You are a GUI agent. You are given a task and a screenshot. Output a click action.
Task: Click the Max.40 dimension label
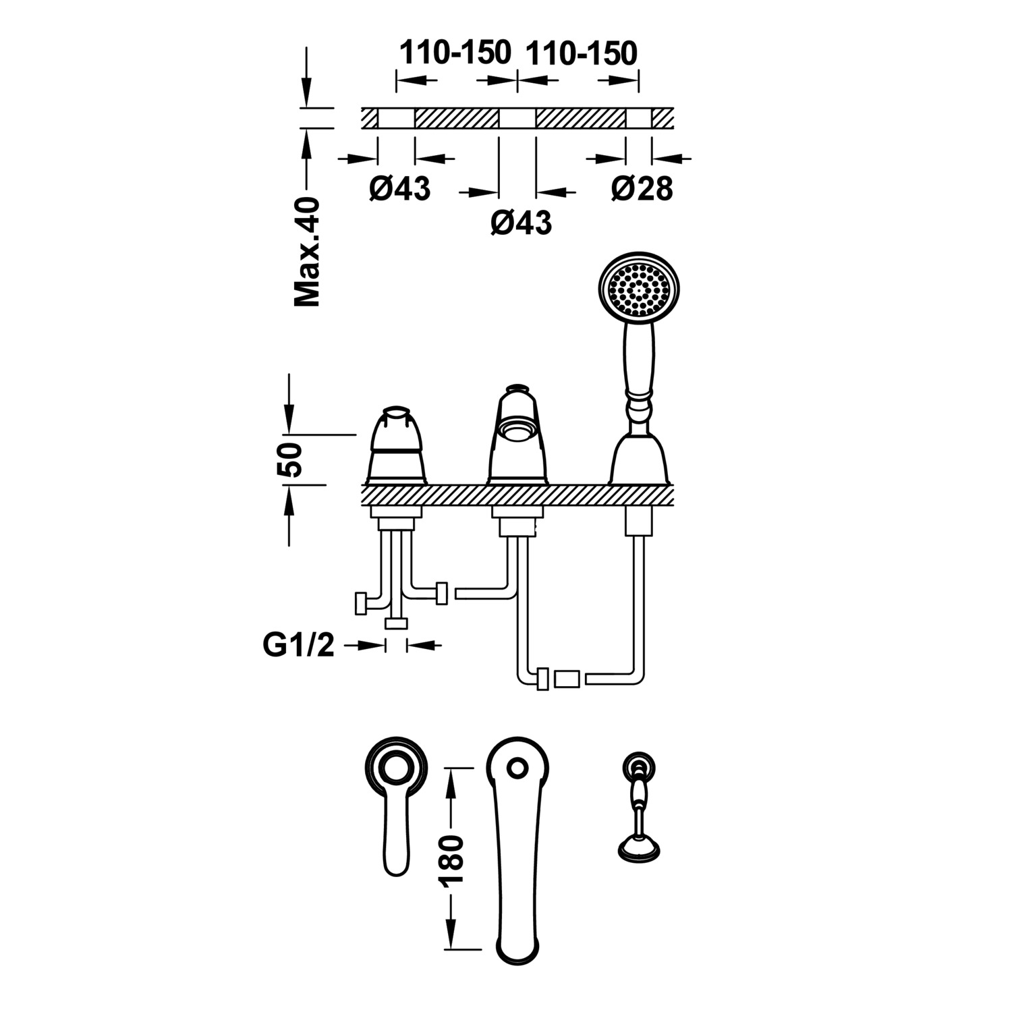[307, 252]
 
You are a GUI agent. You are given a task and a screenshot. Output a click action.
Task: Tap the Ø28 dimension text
[642, 188]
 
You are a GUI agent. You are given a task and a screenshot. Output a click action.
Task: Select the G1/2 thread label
[298, 646]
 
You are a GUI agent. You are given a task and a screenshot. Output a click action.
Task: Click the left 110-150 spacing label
[455, 53]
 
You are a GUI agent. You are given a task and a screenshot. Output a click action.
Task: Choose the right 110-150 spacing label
[581, 53]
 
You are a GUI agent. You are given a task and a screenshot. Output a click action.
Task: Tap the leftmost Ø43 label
[399, 188]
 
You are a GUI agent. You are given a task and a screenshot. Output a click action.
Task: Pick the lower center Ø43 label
[521, 222]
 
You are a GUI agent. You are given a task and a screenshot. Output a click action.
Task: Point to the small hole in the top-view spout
[517, 768]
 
